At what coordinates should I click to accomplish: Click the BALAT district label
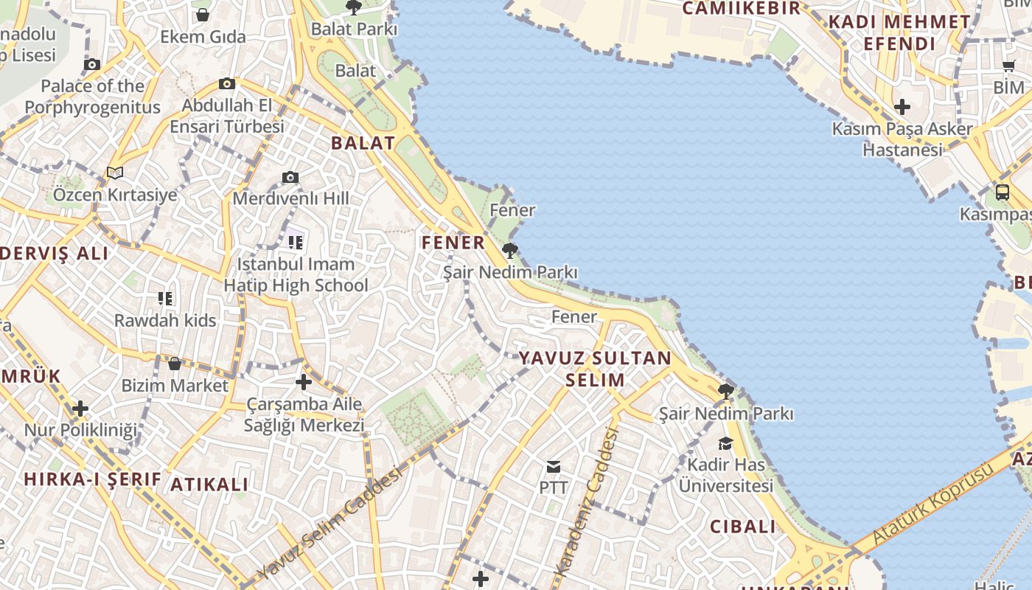(363, 143)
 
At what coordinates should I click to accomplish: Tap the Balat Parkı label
(354, 29)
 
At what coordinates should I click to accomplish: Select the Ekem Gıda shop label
(203, 36)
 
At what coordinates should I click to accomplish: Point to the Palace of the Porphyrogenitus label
(92, 97)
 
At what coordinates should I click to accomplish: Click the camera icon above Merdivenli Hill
(290, 178)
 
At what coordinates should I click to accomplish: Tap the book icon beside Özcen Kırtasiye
(114, 173)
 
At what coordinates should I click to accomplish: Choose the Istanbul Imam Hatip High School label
(296, 274)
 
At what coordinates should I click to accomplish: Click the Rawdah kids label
(165, 320)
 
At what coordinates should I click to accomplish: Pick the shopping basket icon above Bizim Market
(175, 364)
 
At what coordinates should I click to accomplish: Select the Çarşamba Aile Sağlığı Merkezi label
(304, 414)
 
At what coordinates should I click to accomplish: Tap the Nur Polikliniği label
(81, 430)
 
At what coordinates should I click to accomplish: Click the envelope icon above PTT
(553, 467)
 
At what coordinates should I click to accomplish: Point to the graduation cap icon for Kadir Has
(726, 442)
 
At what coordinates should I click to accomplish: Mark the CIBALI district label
(743, 527)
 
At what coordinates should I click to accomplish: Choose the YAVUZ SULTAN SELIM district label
(595, 369)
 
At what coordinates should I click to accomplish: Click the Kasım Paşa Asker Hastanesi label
(902, 139)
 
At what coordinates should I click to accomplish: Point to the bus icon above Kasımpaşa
(1002, 192)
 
